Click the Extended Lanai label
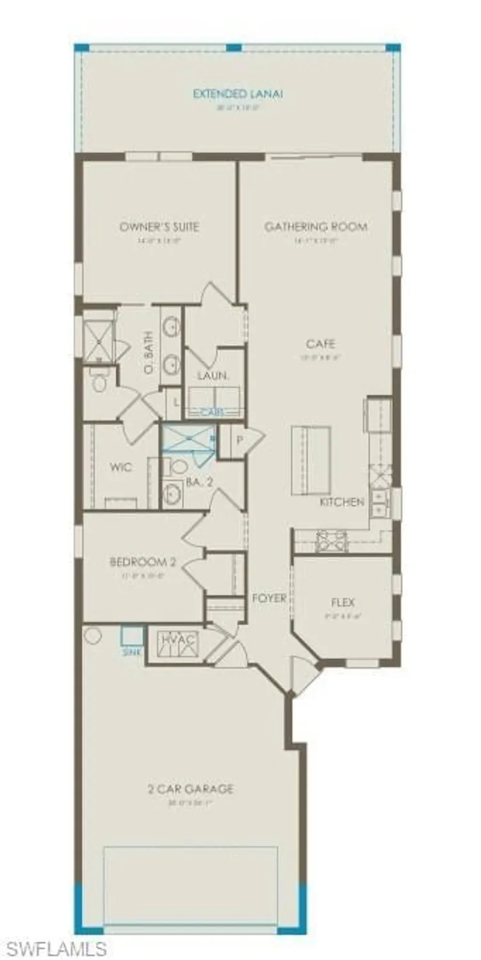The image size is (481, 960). [238, 94]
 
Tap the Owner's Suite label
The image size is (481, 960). [159, 227]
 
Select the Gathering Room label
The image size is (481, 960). [316, 227]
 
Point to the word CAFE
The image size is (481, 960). [320, 344]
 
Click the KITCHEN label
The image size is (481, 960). [342, 502]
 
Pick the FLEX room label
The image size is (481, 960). [343, 602]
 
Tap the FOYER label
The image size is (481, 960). [269, 598]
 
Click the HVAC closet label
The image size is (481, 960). [179, 639]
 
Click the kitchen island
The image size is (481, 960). [311, 460]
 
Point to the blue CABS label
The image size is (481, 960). [212, 413]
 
